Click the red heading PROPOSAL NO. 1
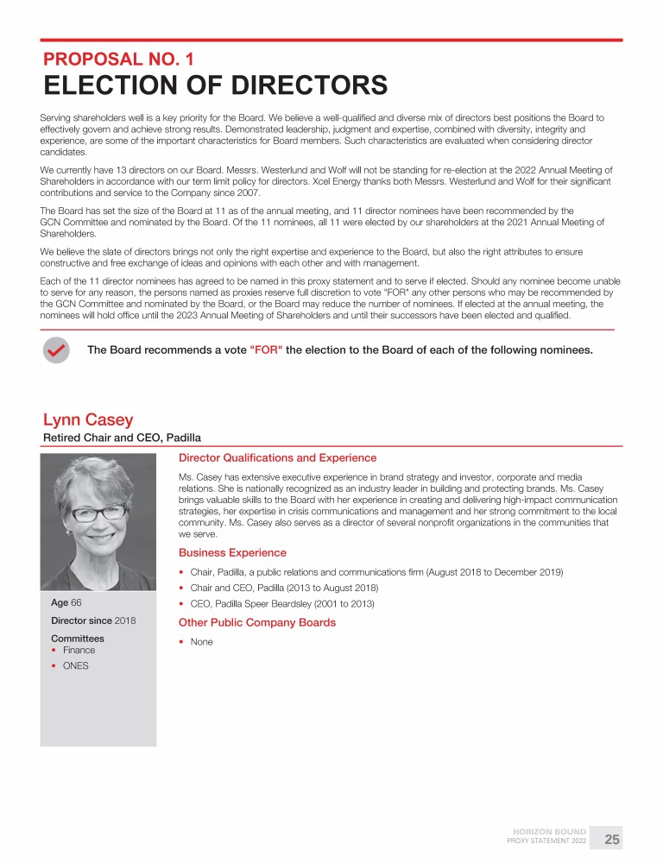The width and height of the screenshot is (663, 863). coord(119,60)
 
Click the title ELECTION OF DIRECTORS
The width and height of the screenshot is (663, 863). coord(215,86)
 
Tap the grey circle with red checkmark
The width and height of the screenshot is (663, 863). coord(56,350)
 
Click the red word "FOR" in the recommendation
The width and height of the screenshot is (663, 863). coord(265,350)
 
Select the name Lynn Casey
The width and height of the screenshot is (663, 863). coord(88,419)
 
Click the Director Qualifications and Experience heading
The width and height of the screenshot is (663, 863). coord(277,457)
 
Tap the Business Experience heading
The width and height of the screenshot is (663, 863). coord(232,552)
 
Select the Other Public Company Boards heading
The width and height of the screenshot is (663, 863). coord(257,622)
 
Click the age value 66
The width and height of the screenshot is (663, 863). coord(77,602)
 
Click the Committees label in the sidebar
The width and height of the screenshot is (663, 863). coord(78,639)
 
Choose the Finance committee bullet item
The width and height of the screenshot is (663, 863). coord(79,650)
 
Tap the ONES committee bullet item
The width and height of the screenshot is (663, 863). coord(75,665)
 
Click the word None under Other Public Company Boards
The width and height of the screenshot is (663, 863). coord(201,641)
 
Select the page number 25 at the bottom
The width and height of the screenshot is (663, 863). coord(612,840)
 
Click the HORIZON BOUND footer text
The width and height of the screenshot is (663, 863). coord(550,832)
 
